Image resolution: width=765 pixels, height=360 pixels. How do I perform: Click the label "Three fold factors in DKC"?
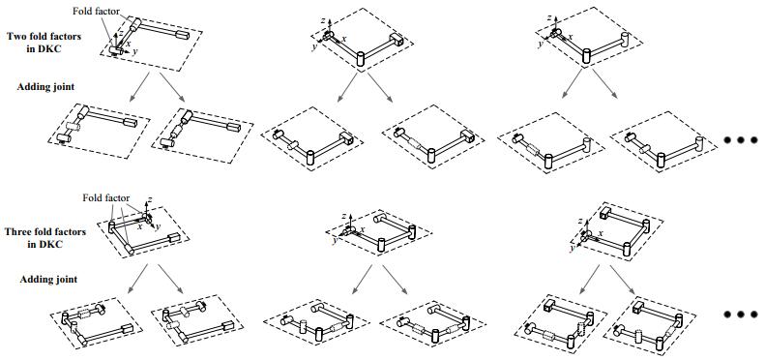(x=44, y=237)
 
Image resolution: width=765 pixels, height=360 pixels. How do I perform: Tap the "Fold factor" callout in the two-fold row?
(x=96, y=11)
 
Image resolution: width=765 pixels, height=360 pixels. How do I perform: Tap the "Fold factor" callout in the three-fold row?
(x=105, y=197)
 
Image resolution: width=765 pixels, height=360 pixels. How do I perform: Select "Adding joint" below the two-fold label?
(x=45, y=87)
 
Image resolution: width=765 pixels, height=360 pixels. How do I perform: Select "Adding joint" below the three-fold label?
(x=48, y=280)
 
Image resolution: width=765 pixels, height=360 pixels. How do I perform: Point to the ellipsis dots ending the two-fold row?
(x=741, y=140)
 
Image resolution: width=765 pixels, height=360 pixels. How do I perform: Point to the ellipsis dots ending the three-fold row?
(x=741, y=315)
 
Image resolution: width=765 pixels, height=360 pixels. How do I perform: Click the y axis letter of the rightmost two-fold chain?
(x=541, y=45)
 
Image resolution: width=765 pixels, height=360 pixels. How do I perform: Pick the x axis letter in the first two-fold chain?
(x=129, y=43)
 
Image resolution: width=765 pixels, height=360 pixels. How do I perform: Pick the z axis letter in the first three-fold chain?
(x=149, y=200)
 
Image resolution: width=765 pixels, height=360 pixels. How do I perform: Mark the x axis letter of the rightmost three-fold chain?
(x=601, y=233)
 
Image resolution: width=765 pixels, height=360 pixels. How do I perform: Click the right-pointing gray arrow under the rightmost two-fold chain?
(x=604, y=83)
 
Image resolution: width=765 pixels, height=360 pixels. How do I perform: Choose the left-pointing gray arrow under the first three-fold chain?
(x=137, y=279)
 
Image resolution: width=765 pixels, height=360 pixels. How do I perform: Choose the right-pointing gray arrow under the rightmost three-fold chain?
(x=624, y=279)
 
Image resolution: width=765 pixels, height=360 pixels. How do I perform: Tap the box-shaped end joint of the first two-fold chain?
(x=183, y=35)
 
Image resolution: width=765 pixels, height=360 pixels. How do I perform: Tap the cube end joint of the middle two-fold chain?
(x=396, y=40)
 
